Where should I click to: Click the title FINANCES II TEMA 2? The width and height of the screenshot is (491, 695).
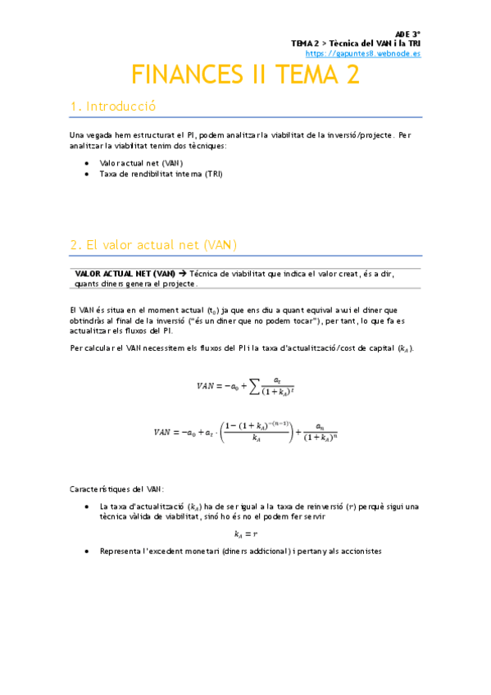click(246, 75)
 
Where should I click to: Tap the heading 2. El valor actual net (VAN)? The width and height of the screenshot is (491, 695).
click(153, 245)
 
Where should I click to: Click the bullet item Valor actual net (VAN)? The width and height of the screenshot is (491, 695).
click(140, 163)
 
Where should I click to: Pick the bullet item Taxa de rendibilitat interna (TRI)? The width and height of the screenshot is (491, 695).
click(160, 174)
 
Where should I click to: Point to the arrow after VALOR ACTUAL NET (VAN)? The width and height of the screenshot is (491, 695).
click(183, 274)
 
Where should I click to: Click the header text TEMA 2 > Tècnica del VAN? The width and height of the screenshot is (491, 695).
click(344, 43)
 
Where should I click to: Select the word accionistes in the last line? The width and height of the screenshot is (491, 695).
click(358, 552)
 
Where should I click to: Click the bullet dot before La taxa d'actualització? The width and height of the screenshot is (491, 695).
click(88, 506)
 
